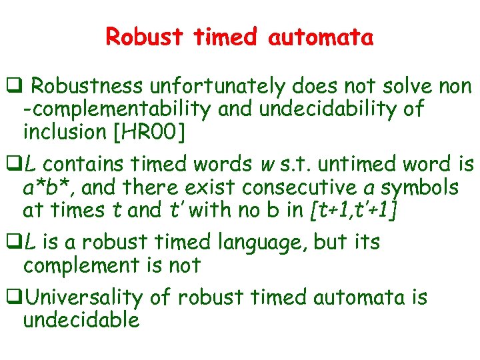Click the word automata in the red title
(321, 37)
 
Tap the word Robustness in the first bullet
(87, 87)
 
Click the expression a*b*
(47, 187)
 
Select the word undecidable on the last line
(81, 321)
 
